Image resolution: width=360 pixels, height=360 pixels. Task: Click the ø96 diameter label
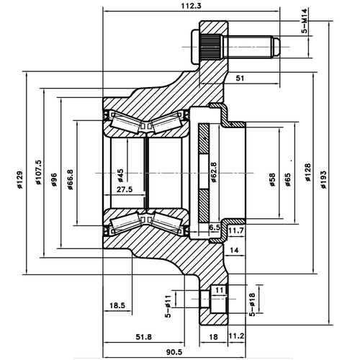[55, 176]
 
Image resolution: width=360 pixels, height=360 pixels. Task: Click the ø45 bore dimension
[120, 175]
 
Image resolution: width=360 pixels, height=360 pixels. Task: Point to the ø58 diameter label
[272, 176]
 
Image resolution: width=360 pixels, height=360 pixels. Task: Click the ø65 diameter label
[287, 176]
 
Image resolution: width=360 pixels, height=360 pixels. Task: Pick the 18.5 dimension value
[117, 306]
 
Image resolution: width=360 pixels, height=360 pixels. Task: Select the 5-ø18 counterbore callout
[252, 304]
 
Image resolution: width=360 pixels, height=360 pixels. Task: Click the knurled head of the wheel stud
[210, 49]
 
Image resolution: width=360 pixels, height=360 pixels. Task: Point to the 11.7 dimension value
[236, 230]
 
